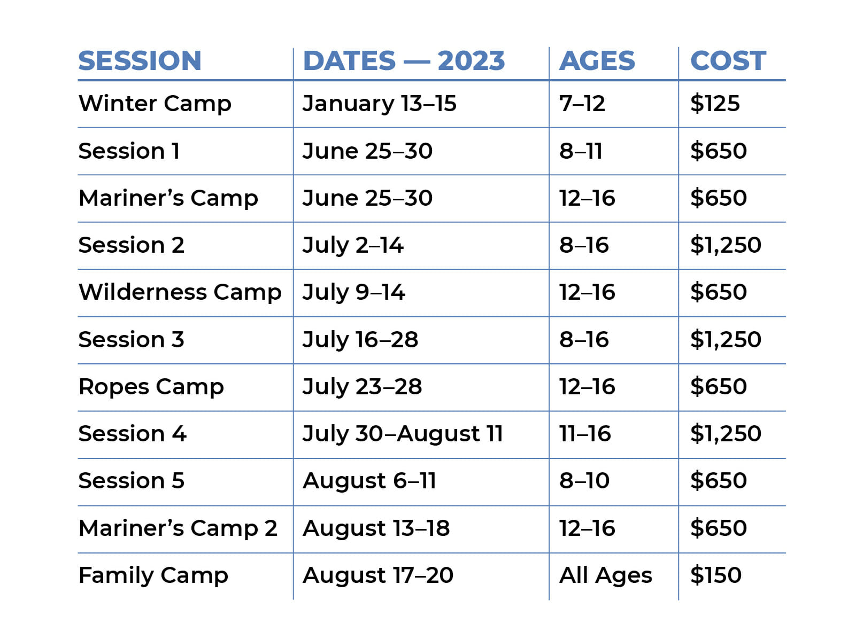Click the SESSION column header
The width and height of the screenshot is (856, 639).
[140, 61]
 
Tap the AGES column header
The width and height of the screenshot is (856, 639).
[597, 61]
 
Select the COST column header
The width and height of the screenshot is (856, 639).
[728, 61]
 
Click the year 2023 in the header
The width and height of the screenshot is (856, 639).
[471, 61]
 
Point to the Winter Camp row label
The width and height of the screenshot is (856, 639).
[155, 104]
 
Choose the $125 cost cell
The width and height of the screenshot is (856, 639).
[715, 103]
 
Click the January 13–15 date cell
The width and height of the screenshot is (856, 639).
[379, 104]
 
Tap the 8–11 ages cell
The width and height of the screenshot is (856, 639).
[581, 151]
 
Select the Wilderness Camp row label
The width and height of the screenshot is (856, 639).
[180, 292]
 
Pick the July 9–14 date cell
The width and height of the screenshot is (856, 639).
[354, 293]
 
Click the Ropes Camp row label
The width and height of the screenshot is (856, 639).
[151, 387]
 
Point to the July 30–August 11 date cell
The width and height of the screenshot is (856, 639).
[403, 434]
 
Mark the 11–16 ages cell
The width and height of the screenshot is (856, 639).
[585, 434]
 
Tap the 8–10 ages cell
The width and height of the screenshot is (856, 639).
[584, 481]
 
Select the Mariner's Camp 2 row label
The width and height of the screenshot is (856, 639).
[178, 529]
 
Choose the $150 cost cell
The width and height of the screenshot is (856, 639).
[715, 575]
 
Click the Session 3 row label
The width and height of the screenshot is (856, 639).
[131, 339]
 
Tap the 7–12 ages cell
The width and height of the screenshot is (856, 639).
[582, 104]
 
